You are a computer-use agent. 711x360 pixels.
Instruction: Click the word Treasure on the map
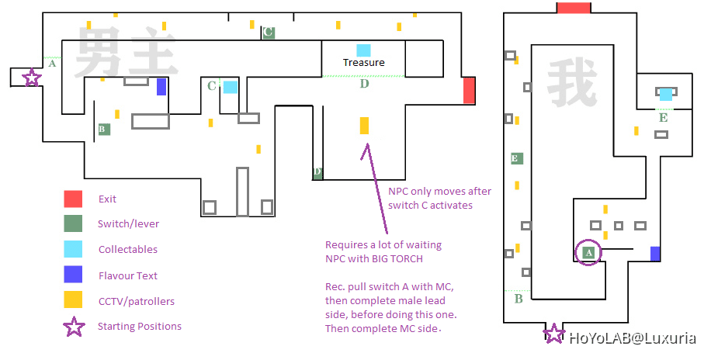coord(364,63)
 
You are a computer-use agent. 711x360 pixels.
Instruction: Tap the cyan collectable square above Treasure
coord(363,50)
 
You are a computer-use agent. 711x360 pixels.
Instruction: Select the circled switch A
coord(588,252)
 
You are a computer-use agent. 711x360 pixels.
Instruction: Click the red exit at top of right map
coord(574,7)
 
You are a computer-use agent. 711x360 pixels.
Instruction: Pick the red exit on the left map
coord(469,90)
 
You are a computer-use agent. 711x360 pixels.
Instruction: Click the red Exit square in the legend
coord(74,199)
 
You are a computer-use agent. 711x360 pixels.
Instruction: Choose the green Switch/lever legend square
coord(74,224)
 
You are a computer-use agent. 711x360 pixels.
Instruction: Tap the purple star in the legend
coord(74,327)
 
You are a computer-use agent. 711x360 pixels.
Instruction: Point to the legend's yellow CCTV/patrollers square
coord(74,300)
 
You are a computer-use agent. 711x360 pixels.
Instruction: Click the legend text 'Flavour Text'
coord(128,275)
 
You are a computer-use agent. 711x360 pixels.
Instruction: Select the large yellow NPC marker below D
coord(364,126)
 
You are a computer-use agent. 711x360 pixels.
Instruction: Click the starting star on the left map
coord(31,78)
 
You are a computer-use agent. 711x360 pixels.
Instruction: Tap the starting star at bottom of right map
coord(553,334)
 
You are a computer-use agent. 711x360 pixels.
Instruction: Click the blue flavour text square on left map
coord(161,86)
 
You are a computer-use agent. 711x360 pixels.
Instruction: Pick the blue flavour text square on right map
coord(655,254)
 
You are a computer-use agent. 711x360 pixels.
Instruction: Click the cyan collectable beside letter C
coord(231,87)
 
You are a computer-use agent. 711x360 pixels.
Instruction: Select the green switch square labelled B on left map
coord(104,130)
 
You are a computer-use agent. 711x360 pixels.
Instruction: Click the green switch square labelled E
coord(516,158)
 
